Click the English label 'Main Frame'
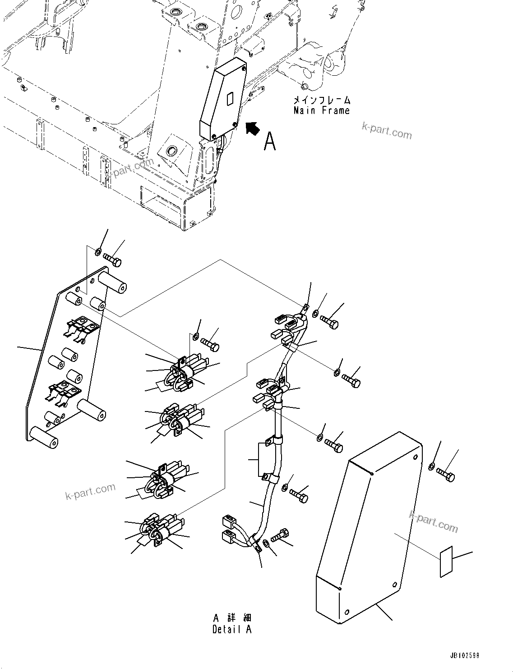[x=321, y=110]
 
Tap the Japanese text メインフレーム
[x=321, y=100]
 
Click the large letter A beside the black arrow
[x=269, y=141]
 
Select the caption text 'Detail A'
[x=232, y=630]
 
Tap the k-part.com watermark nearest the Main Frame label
[x=387, y=131]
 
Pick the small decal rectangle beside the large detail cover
[x=446, y=561]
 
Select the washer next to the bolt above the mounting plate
[x=98, y=251]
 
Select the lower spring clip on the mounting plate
[x=63, y=391]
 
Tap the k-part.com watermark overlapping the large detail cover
[x=433, y=521]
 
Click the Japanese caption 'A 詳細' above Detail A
[x=232, y=617]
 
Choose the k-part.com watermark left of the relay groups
[x=90, y=491]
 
